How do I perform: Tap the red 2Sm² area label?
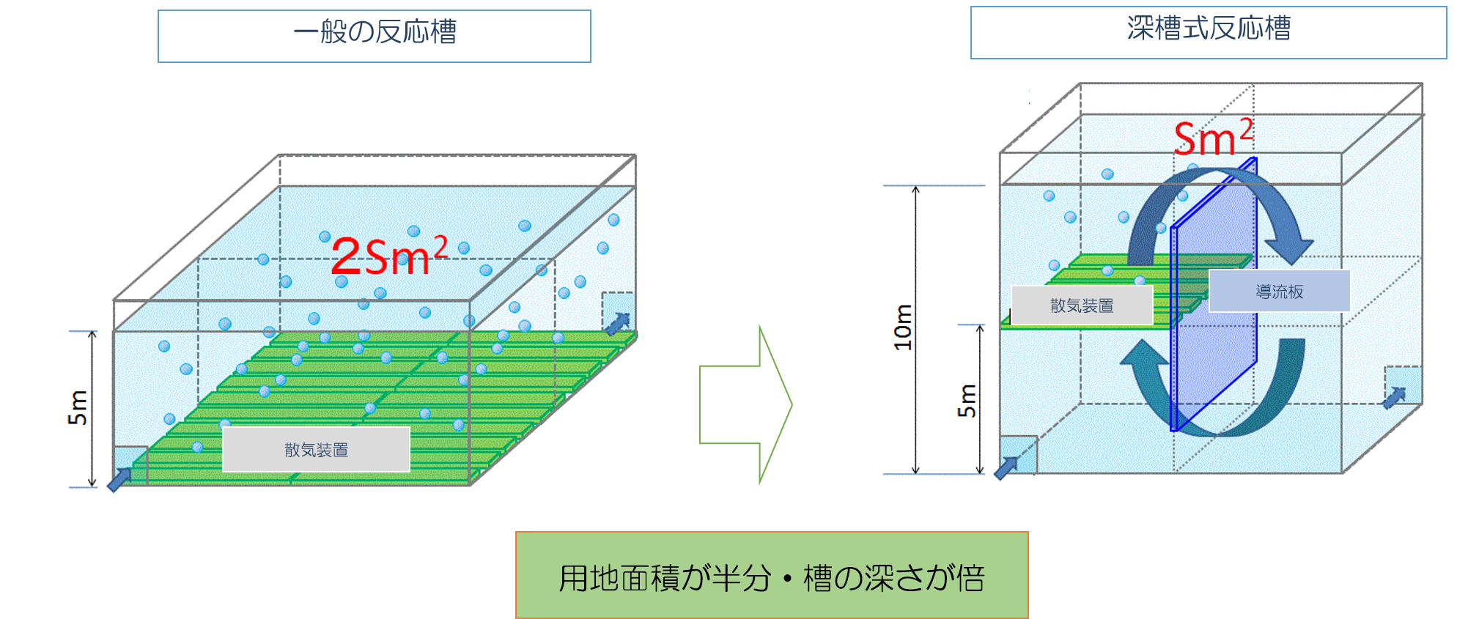click(x=388, y=256)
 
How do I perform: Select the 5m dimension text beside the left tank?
click(x=78, y=408)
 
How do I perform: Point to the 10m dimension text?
click(x=903, y=327)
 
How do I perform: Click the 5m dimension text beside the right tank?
click(x=967, y=400)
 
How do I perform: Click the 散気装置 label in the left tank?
click(x=316, y=450)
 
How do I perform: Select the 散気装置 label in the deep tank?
click(x=1082, y=305)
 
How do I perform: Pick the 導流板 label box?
click(x=1279, y=292)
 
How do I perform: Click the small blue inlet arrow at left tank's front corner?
click(x=119, y=480)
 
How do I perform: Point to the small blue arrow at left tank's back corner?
click(x=617, y=323)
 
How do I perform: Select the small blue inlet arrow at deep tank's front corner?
click(x=1006, y=467)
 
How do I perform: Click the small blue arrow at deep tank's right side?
click(x=1394, y=398)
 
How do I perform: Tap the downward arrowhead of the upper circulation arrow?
click(x=1290, y=250)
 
